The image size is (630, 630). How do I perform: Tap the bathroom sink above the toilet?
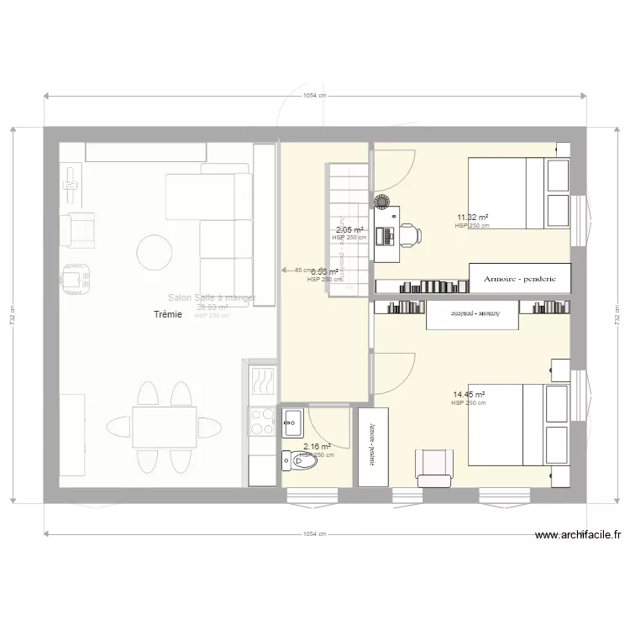(293, 418)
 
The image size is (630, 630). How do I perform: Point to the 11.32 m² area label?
(472, 218)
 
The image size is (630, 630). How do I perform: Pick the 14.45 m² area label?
(469, 395)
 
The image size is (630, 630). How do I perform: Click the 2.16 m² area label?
(317, 448)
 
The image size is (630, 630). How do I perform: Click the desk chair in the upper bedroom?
(410, 234)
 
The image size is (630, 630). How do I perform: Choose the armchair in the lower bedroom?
(434, 467)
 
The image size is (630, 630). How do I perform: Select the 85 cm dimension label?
(303, 270)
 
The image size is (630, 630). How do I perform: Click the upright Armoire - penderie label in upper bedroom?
(521, 276)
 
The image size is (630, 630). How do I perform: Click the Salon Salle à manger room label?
(212, 297)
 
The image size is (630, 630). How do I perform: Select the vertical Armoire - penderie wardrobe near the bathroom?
(373, 445)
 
